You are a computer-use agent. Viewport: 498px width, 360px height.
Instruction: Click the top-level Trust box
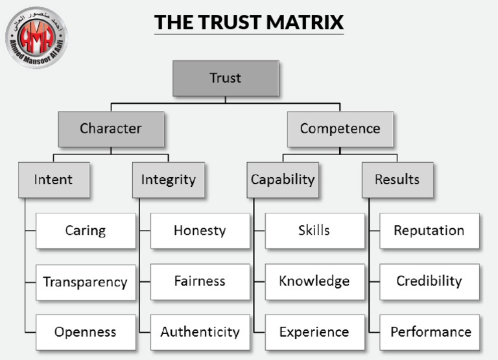click(225, 78)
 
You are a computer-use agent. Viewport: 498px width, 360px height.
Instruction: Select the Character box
click(110, 128)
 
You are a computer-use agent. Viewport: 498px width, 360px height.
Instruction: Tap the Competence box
click(340, 128)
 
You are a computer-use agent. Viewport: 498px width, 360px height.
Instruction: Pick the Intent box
click(53, 179)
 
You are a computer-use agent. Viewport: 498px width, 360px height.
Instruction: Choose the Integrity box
click(168, 179)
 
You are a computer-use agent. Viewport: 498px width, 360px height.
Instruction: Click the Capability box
click(283, 179)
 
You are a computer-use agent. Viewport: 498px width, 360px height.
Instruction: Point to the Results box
click(397, 179)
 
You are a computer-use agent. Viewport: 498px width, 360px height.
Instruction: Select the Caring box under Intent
click(85, 230)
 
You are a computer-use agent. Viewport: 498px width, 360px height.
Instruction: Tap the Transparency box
click(85, 282)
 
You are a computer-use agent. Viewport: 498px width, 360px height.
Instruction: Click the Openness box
click(85, 332)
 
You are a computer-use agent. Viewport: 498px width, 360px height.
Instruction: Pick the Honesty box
click(200, 230)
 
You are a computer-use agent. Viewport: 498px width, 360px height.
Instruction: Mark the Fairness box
click(200, 282)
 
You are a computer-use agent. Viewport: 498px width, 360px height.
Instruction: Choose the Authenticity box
click(200, 332)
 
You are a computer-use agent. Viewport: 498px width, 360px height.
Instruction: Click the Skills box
click(314, 230)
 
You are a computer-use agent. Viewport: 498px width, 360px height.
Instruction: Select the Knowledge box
click(314, 282)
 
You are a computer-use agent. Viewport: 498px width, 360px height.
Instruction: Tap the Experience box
click(314, 332)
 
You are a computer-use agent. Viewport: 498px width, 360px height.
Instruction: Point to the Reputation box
click(429, 230)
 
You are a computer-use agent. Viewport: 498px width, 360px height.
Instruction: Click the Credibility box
click(429, 282)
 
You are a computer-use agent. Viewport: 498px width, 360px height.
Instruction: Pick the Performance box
click(429, 332)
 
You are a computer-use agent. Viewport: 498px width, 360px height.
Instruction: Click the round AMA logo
click(36, 38)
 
